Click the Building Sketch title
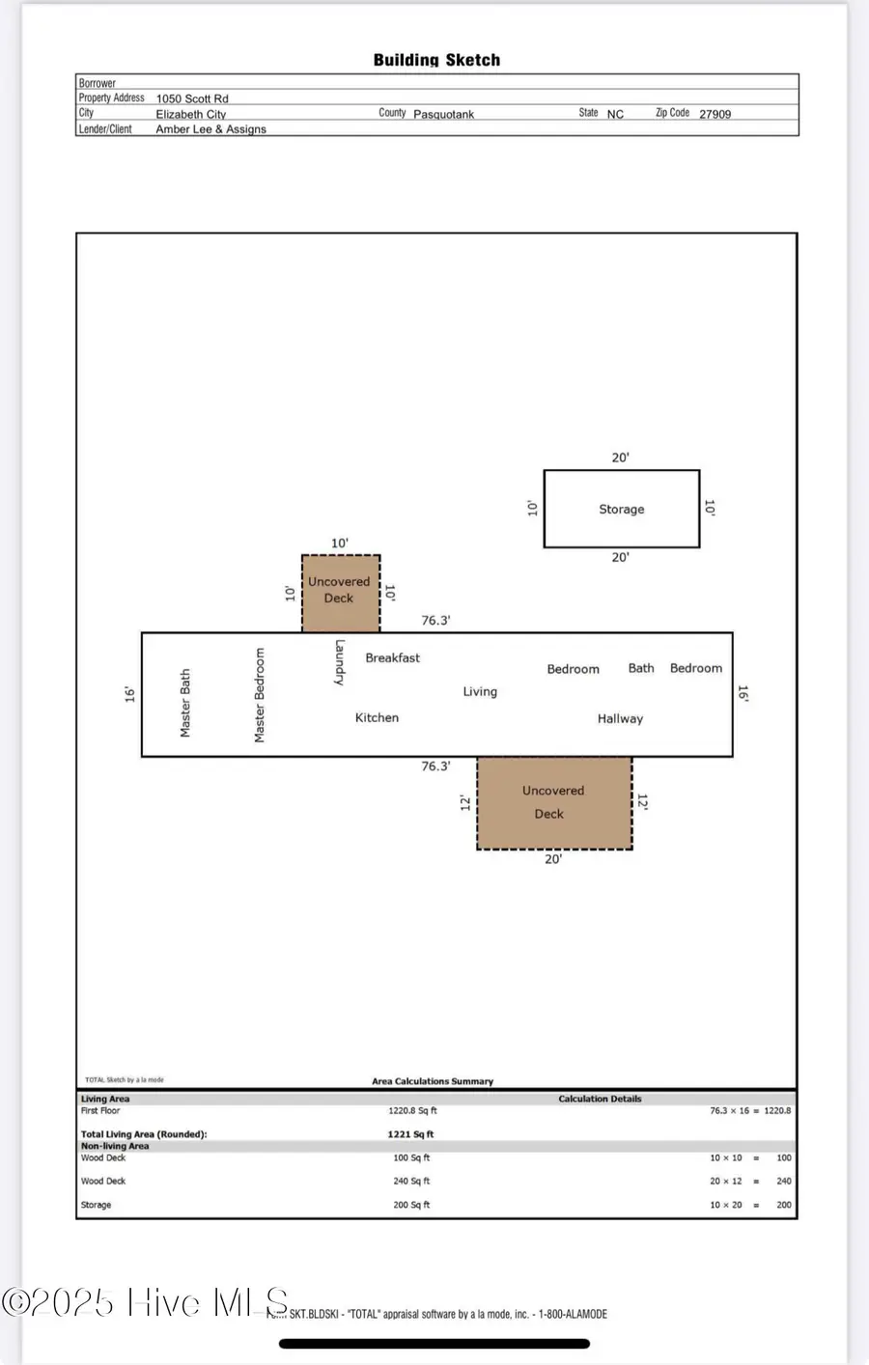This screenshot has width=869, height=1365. click(x=436, y=60)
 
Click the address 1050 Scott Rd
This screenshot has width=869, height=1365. click(x=192, y=98)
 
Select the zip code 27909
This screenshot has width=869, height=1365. click(x=715, y=114)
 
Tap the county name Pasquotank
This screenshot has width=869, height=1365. click(x=443, y=114)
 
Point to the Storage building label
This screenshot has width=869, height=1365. click(x=621, y=509)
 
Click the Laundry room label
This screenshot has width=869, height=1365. click(x=340, y=662)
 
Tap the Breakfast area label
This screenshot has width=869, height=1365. click(x=392, y=657)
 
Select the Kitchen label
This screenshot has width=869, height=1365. click(x=377, y=717)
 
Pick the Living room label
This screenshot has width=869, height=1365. click(x=480, y=691)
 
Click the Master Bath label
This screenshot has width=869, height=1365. click(x=185, y=703)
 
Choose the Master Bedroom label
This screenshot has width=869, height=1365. click(x=260, y=695)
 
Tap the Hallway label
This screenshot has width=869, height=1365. click(x=620, y=718)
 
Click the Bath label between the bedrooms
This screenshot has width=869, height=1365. click(x=641, y=668)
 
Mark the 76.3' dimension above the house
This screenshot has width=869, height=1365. click(x=435, y=621)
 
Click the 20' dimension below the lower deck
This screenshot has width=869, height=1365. click(x=553, y=859)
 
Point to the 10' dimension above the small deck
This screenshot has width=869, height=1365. click(x=340, y=543)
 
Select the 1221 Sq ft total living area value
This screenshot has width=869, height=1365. click(x=410, y=1134)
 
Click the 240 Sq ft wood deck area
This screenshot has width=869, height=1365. click(x=411, y=1181)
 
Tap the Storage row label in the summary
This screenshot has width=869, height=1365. click(x=96, y=1205)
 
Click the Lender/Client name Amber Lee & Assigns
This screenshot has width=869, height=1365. click(x=210, y=129)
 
